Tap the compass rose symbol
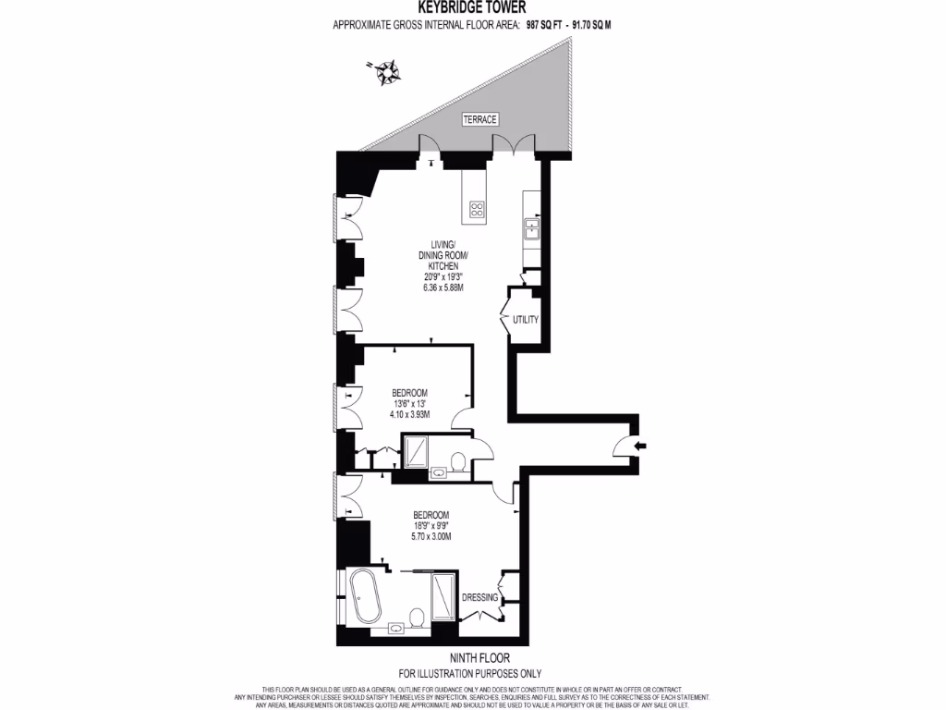click(383, 71)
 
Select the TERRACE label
click(479, 120)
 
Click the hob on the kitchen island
click(478, 210)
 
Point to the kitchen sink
click(531, 226)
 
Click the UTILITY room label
click(525, 320)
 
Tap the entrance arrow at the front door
click(640, 447)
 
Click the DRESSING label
click(480, 598)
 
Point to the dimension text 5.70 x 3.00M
click(431, 536)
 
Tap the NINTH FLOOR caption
click(469, 658)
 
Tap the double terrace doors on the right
click(514, 143)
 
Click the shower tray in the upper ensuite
click(417, 450)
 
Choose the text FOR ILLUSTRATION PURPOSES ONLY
click(469, 673)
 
